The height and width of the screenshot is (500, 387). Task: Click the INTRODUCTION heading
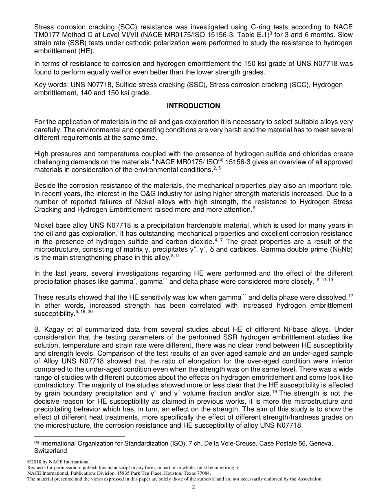pos(193,106)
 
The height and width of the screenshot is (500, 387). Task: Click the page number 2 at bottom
pos(193,487)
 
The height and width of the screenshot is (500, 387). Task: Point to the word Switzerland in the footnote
pos(50,451)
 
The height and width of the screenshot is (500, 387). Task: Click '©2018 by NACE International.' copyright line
pos(58,462)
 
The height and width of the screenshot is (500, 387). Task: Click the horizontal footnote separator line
pos(79,436)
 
